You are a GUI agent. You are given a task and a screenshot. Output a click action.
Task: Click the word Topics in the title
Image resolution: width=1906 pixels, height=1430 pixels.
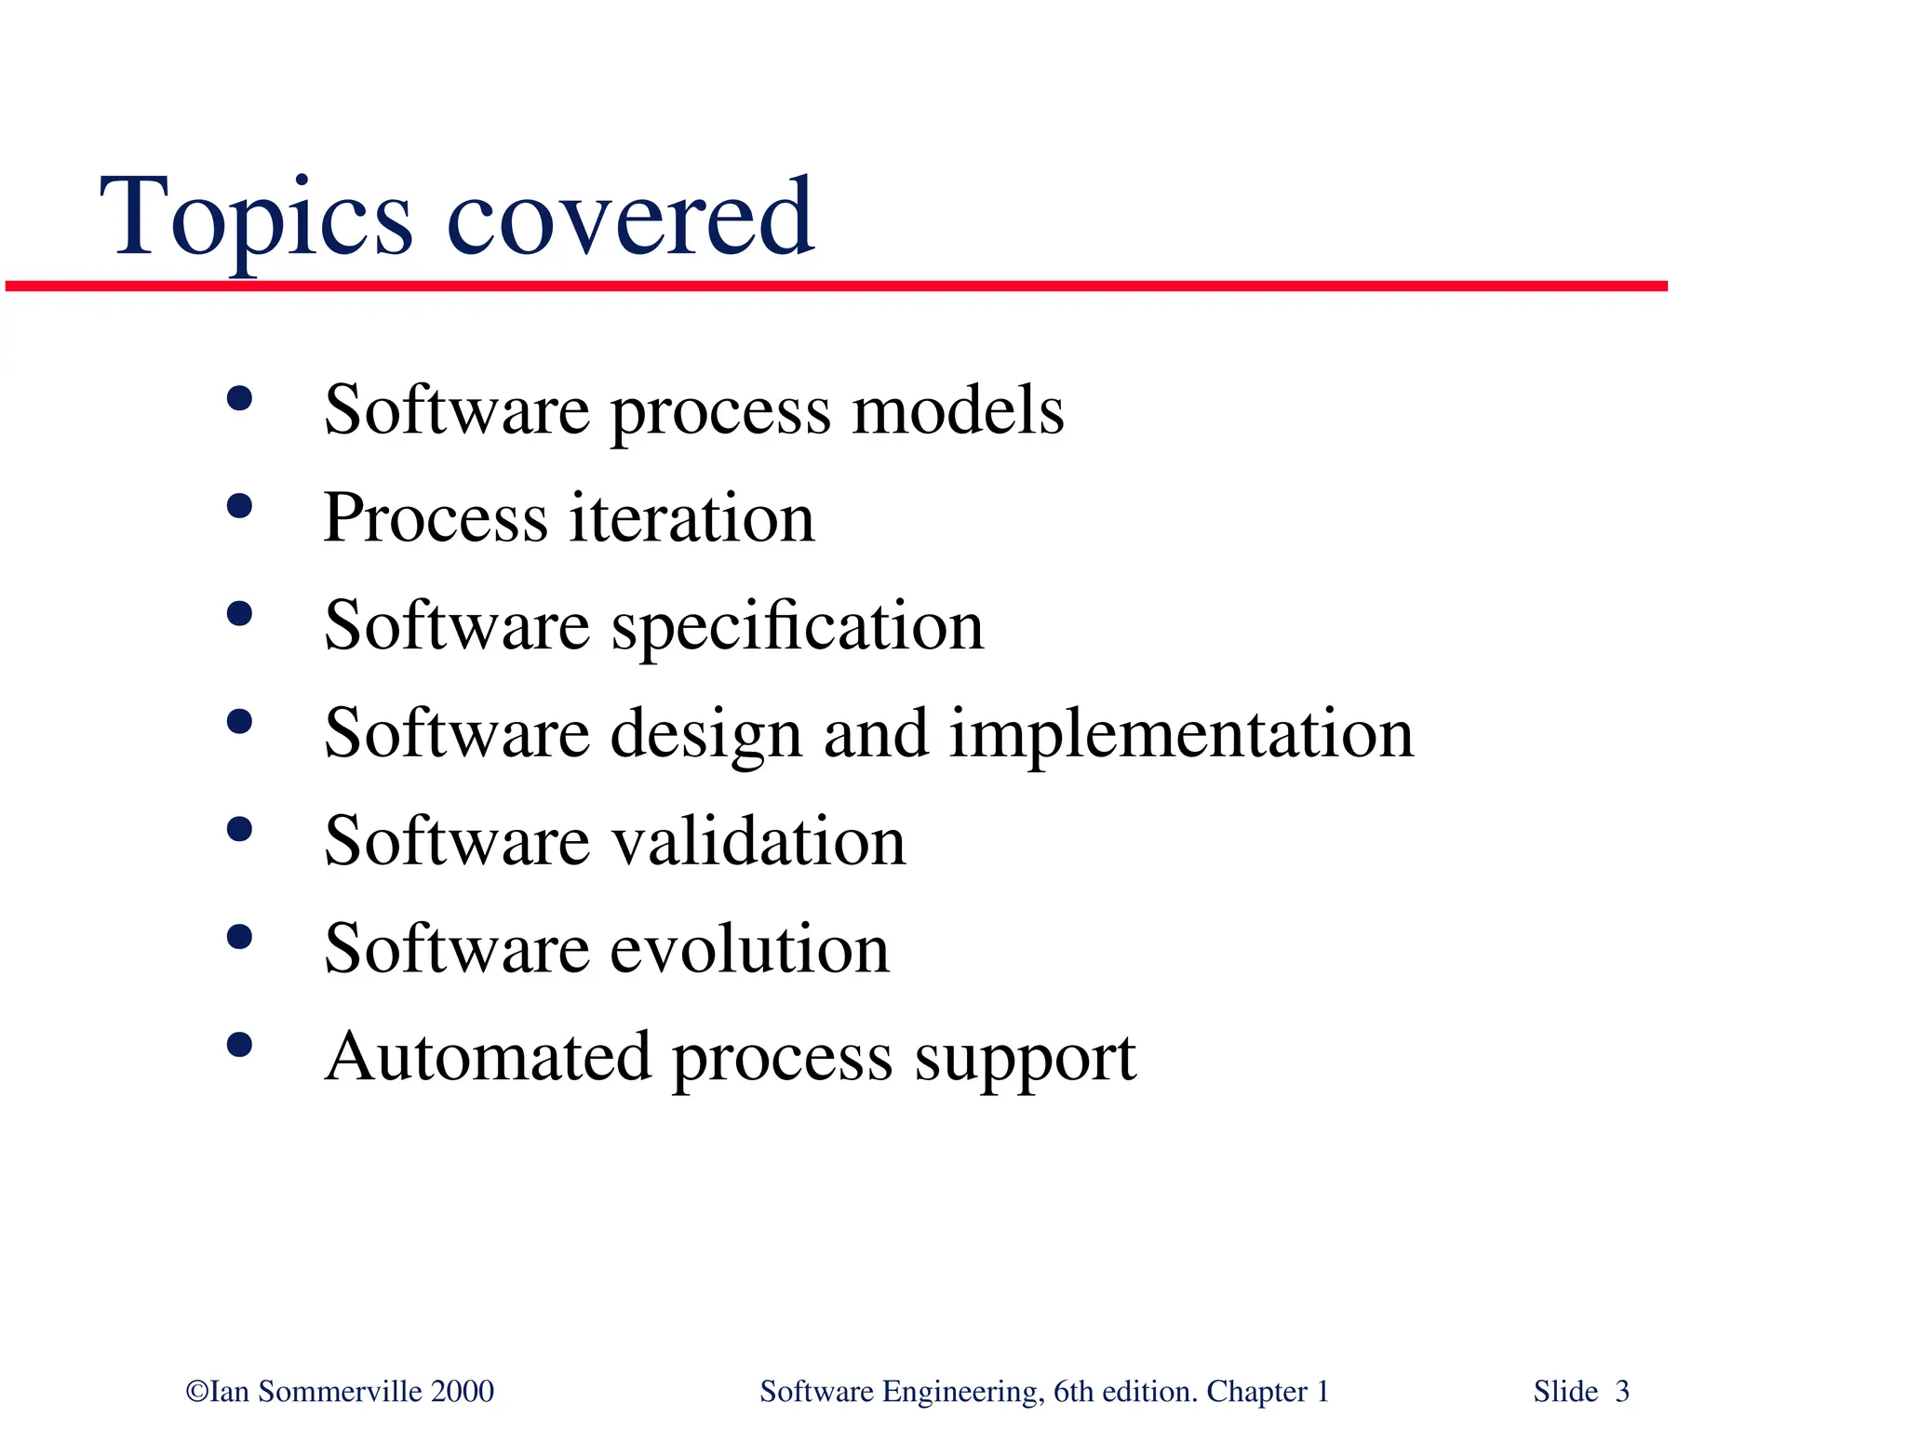(x=256, y=219)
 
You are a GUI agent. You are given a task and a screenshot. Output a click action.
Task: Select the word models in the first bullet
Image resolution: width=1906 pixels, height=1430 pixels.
(x=958, y=410)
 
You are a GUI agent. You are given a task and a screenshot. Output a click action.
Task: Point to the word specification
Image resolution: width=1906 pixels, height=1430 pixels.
(x=798, y=627)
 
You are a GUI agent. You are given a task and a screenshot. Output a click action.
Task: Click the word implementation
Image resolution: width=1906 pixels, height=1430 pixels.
(x=1181, y=734)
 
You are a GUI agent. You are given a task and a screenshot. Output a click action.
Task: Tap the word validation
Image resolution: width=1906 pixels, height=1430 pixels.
(x=758, y=841)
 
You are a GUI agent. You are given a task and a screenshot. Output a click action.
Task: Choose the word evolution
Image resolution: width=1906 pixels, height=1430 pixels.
(x=750, y=949)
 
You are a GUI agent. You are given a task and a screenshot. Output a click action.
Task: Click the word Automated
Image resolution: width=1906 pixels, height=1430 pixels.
(x=488, y=1057)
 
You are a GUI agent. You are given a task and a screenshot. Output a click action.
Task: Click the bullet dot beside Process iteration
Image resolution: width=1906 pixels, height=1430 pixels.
(x=239, y=506)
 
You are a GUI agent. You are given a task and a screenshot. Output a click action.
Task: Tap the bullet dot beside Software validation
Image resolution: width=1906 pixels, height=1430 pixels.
(x=239, y=829)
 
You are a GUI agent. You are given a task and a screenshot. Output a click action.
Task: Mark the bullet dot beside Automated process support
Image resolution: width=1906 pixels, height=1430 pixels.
(x=239, y=1045)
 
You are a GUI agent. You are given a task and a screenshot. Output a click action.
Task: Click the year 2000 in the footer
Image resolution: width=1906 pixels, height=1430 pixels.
(x=463, y=1392)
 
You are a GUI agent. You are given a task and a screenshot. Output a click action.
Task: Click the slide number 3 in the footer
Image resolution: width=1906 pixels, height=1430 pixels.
(x=1622, y=1392)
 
